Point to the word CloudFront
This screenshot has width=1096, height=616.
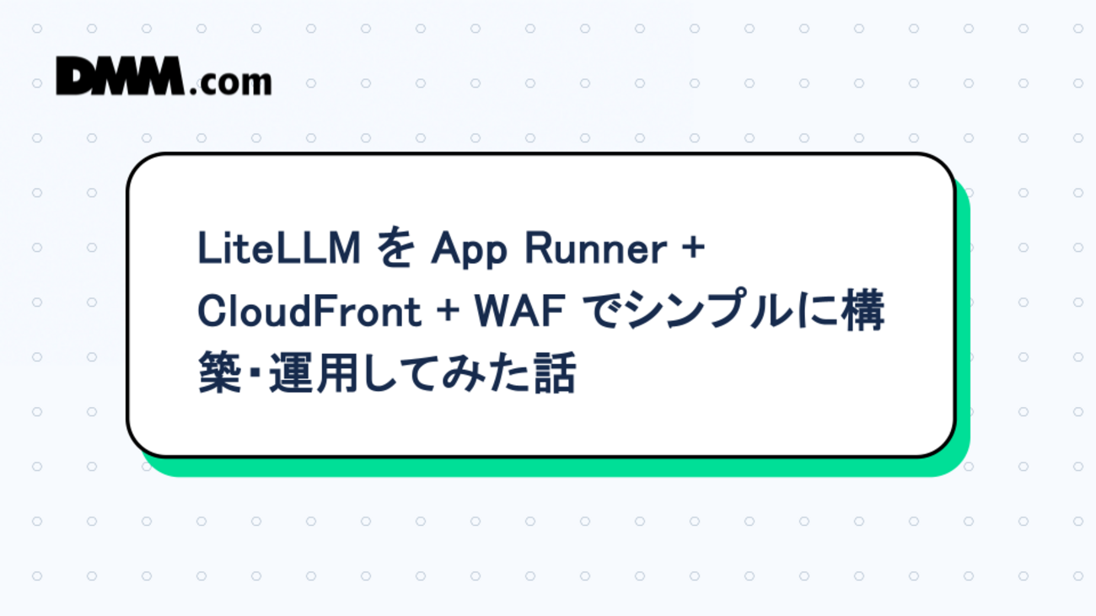[309, 313]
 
